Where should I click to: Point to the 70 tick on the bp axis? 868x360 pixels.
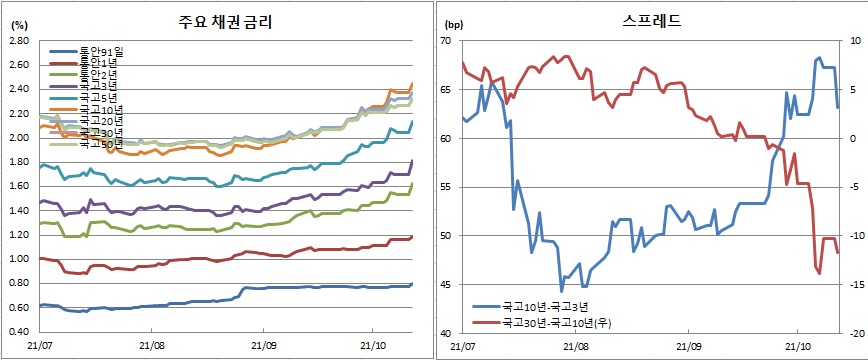(447, 40)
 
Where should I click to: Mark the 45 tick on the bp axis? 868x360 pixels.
(447, 284)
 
